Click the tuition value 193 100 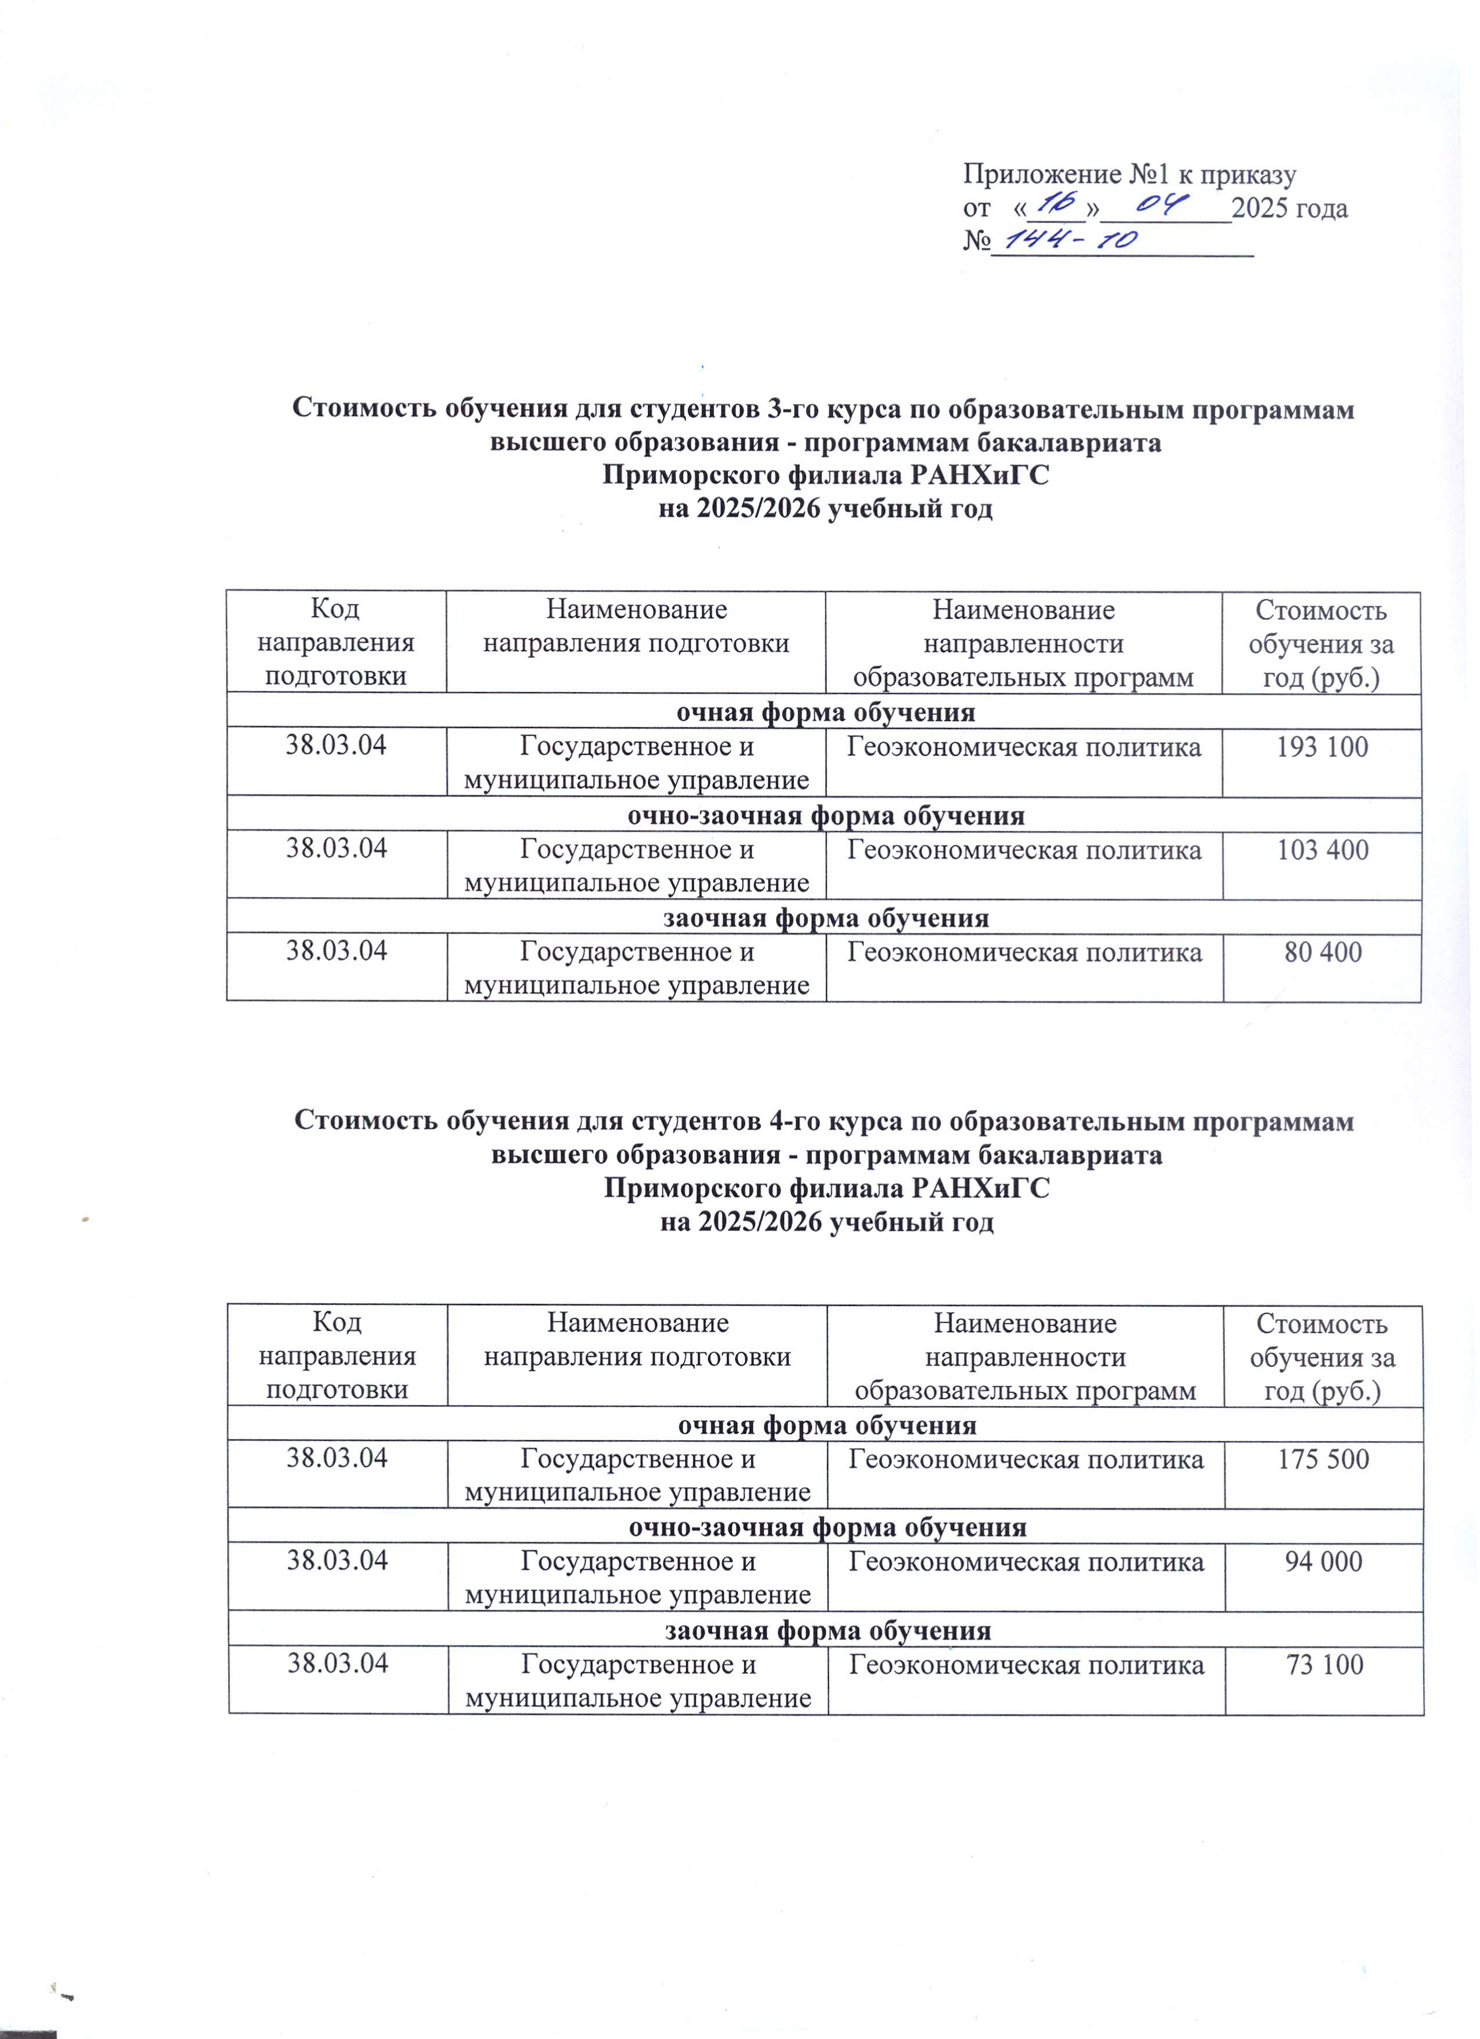[x=1322, y=747]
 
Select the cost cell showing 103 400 [x=1322, y=850]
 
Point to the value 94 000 [x=1323, y=1562]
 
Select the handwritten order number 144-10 [x=1071, y=239]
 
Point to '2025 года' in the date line [x=1290, y=208]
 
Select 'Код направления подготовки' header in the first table [x=335, y=643]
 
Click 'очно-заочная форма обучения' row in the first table [x=825, y=816]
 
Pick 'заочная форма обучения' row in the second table [x=827, y=1631]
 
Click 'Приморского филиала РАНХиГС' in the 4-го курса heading [x=826, y=1189]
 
